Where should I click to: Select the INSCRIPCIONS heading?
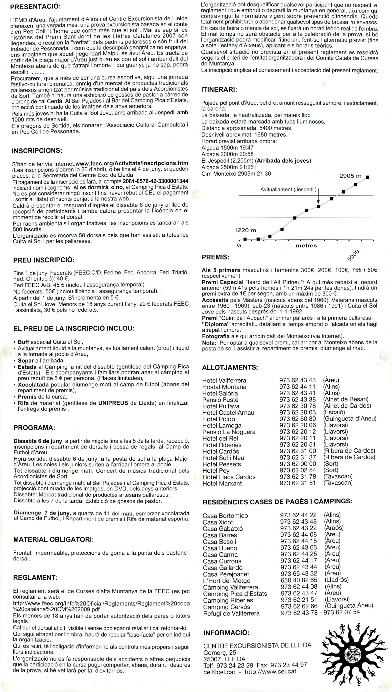click(x=37, y=150)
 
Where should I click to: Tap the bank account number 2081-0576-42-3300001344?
click(x=155, y=181)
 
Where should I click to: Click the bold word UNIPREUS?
click(x=113, y=403)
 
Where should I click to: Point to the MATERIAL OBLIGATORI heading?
click(x=53, y=539)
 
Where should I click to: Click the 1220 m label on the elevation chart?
click(x=245, y=230)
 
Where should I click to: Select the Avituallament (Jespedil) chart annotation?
click(x=288, y=190)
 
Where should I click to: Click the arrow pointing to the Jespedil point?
click(x=318, y=198)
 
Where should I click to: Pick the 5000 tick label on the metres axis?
click(x=353, y=255)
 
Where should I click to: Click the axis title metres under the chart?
click(x=306, y=246)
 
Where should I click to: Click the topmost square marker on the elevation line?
click(x=367, y=177)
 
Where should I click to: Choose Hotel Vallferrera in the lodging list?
click(x=224, y=380)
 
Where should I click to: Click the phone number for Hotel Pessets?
click(x=297, y=464)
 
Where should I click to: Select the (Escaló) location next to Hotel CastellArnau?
click(x=334, y=412)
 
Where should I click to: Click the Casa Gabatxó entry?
click(x=223, y=528)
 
